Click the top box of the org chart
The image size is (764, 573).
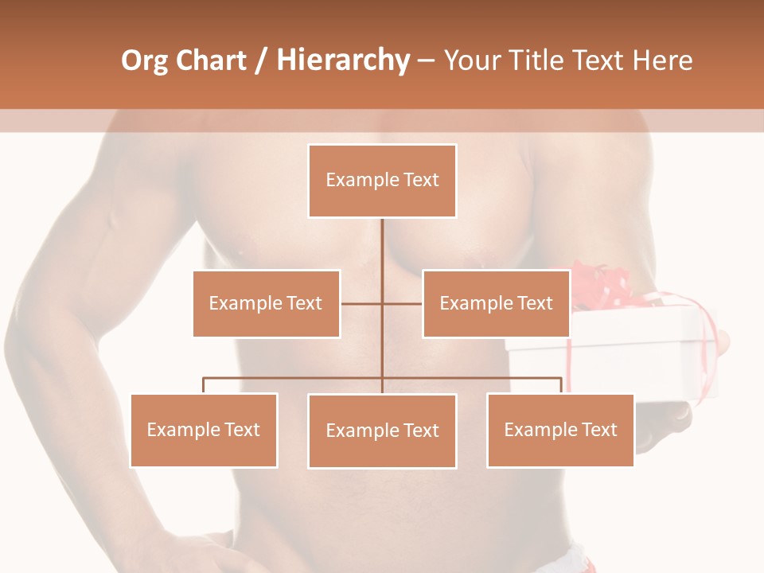(382, 181)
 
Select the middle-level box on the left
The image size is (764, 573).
(266, 303)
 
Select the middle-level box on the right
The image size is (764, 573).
(496, 303)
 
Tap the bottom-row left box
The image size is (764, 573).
(204, 430)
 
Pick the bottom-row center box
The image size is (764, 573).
(382, 431)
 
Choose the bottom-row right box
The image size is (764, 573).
(560, 430)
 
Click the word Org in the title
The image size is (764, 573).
(144, 60)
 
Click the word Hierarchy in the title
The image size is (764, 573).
(343, 60)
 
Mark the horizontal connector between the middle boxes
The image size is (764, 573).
(382, 303)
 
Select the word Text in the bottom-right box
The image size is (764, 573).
(598, 430)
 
